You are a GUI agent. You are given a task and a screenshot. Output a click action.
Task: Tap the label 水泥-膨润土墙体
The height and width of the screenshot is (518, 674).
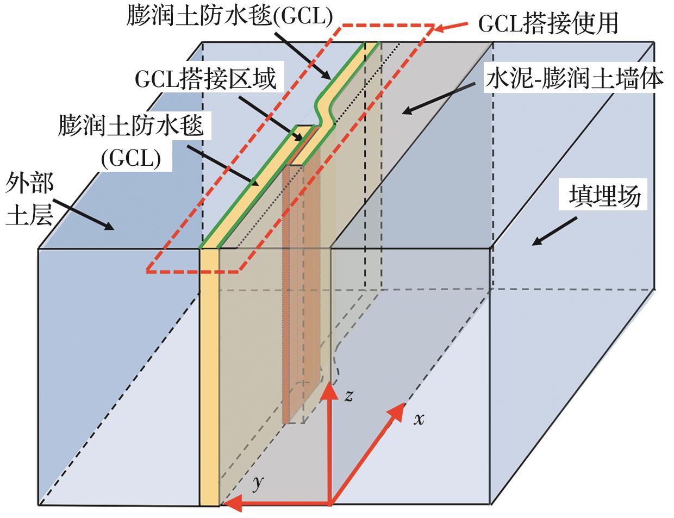(573, 79)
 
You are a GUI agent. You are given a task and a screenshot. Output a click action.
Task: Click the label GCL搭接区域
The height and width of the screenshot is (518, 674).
(205, 80)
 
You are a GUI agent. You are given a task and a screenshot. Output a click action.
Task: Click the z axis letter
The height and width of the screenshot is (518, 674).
(349, 396)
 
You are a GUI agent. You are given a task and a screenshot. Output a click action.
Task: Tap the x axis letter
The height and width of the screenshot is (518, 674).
(418, 419)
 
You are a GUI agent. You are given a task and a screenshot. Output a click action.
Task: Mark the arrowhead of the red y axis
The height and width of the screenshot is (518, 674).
(231, 504)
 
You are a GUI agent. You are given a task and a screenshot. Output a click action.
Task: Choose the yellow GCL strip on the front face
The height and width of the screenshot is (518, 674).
(208, 375)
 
